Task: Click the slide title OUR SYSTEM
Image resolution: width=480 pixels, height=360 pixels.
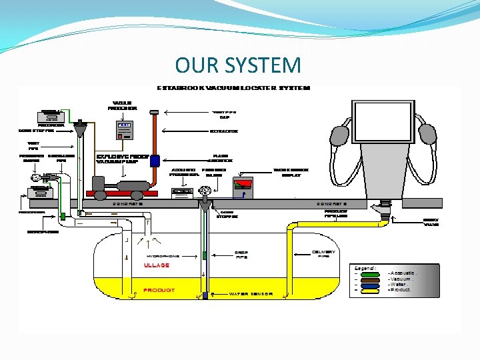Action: pyautogui.click(x=238, y=65)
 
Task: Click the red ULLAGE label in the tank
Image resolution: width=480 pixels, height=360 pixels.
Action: pyautogui.click(x=157, y=265)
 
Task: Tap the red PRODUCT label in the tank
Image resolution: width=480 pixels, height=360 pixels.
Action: pyautogui.click(x=159, y=291)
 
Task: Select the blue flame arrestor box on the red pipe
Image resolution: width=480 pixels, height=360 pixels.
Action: pyautogui.click(x=155, y=161)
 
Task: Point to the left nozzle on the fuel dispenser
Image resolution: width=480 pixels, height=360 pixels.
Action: pyautogui.click(x=339, y=134)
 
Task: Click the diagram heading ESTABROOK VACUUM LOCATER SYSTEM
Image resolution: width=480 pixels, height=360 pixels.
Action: pyautogui.click(x=233, y=87)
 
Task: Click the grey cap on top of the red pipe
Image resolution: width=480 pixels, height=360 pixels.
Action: pyautogui.click(x=153, y=111)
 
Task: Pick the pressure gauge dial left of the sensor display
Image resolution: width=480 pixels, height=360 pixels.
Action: pyautogui.click(x=205, y=191)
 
